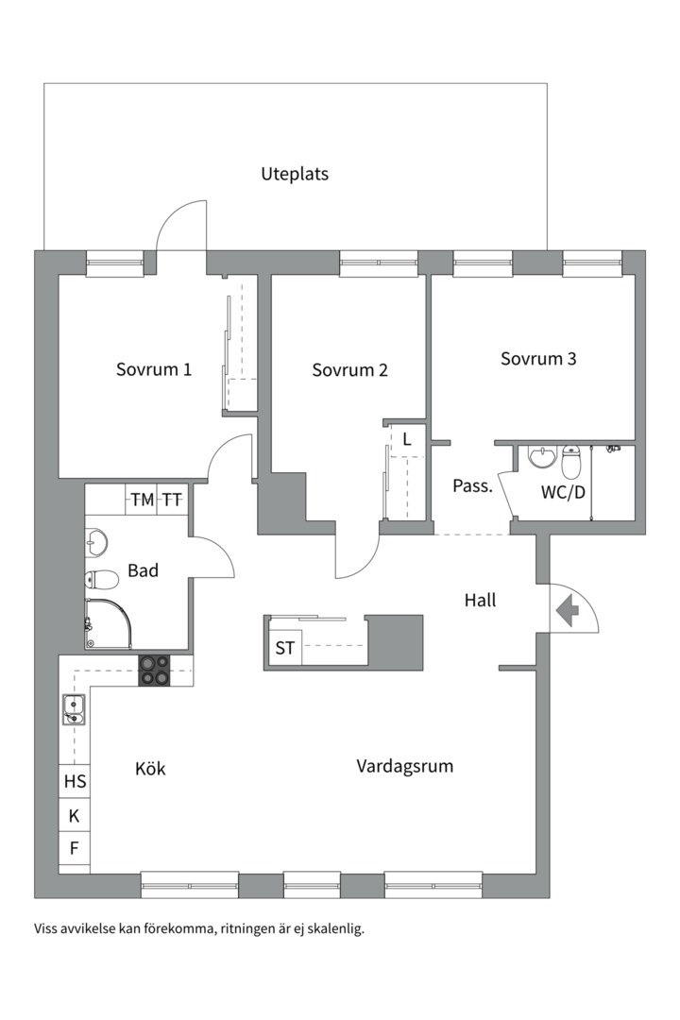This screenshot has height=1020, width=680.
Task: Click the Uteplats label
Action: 295,175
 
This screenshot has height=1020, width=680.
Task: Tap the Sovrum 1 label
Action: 154,369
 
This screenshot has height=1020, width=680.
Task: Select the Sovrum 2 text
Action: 349,370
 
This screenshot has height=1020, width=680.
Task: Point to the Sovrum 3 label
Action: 538,359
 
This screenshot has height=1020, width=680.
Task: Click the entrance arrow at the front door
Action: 568,612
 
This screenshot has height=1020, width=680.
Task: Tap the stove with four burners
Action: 156,670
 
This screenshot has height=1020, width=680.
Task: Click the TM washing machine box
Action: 142,500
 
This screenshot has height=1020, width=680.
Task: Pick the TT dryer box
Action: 172,500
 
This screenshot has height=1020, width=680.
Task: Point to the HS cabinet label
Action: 75,781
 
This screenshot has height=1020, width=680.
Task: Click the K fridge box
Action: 74,816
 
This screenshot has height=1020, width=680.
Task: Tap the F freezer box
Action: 74,848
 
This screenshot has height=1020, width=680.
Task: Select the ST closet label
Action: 284,649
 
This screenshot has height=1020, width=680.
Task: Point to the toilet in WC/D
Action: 571,464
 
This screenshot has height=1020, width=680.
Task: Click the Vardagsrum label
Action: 404,766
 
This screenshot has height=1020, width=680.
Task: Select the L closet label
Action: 407,439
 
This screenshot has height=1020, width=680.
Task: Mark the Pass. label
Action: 472,487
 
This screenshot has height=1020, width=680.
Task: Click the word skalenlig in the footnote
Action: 336,928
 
